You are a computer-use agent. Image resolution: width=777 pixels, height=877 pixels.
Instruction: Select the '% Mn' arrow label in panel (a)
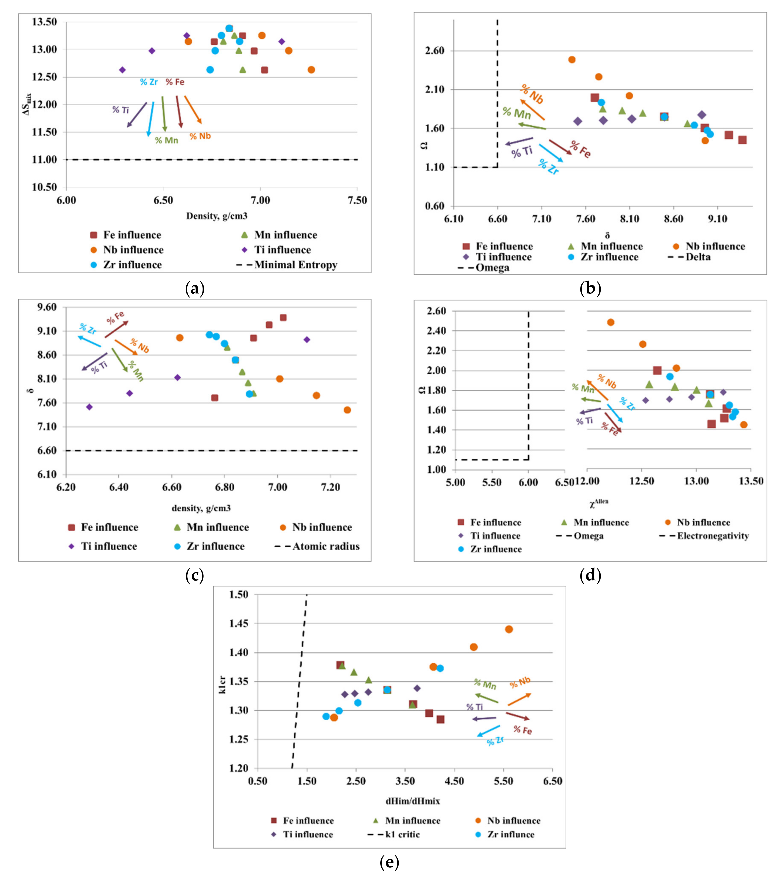pos(167,140)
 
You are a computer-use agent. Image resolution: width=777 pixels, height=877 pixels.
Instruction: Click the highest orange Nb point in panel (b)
pos(572,60)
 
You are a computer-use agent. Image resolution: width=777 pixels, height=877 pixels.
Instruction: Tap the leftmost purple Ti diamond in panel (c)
pos(89,407)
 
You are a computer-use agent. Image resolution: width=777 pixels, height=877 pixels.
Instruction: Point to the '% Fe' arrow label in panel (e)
pos(522,730)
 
